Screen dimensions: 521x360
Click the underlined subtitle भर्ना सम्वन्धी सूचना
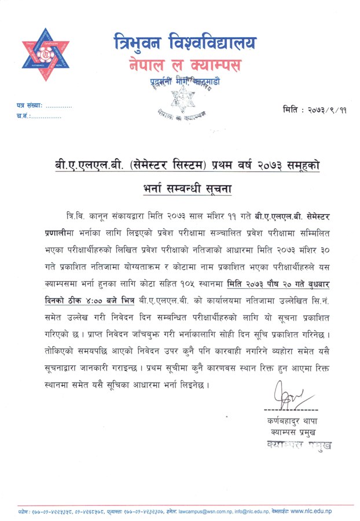point(182,188)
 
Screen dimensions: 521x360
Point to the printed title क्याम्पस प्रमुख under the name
point(284,432)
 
